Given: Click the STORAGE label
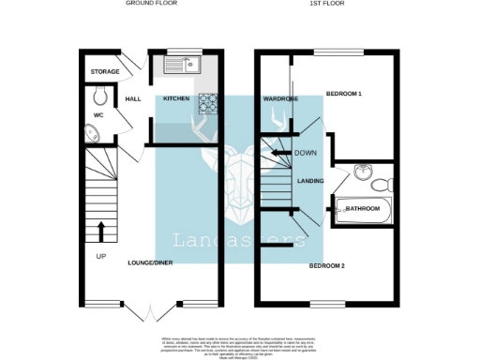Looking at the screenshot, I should click(105, 72).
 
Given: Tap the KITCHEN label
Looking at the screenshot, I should click(176, 98).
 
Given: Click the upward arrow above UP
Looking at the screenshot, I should click(101, 230).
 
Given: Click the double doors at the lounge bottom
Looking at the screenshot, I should click(150, 310).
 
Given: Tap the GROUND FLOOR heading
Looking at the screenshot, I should click(150, 4).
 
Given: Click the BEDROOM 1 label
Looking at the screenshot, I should click(343, 95).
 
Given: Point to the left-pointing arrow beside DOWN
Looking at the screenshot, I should click(278, 152).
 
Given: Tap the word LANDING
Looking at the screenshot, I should click(310, 181).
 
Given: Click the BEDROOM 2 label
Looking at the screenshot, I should click(327, 266).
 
